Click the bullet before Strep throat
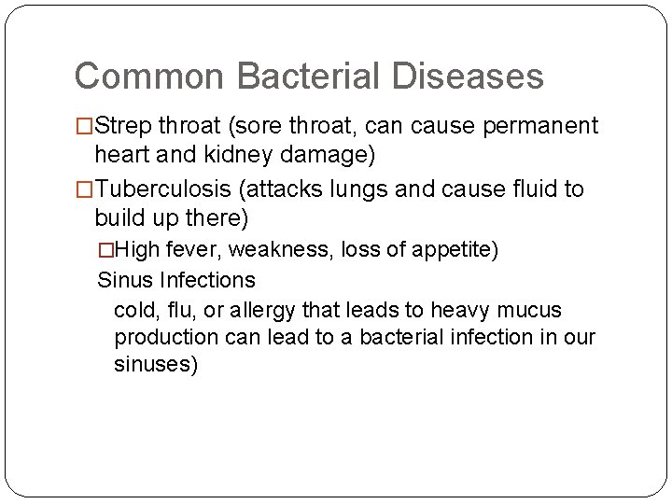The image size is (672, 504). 84,126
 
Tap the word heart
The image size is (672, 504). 125,153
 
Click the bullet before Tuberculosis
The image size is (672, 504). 84,189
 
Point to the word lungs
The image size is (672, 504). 371,189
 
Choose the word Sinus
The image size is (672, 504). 126,279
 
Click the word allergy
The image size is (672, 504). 259,309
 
